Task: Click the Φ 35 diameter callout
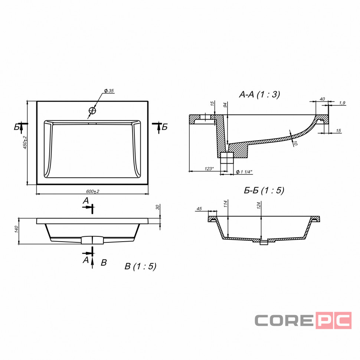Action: click(109, 91)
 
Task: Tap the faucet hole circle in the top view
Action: click(92, 111)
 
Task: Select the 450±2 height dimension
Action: click(25, 143)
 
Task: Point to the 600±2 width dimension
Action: click(93, 191)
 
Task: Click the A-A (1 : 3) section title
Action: click(259, 94)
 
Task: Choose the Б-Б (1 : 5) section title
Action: click(264, 190)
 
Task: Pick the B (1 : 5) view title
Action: click(140, 266)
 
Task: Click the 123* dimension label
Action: click(209, 169)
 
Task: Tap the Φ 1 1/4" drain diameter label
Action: click(244, 172)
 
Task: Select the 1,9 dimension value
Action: click(342, 103)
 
